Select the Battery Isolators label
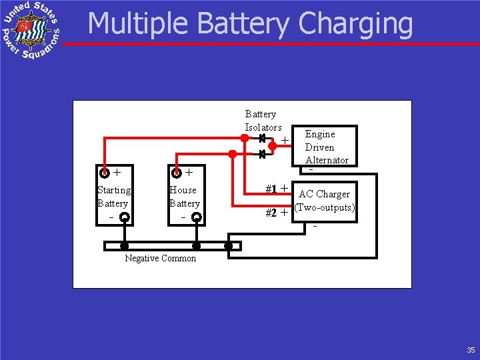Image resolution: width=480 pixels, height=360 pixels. tap(263, 121)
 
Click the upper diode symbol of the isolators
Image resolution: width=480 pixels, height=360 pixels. tap(262, 139)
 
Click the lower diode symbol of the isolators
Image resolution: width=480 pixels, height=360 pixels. tap(262, 154)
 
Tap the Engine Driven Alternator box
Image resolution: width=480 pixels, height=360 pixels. tap(327, 146)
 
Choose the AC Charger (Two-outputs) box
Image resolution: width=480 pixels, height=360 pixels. tap(325, 201)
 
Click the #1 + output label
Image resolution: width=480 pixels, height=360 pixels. tap(276, 189)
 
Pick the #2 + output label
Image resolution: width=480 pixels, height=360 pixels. tap(276, 213)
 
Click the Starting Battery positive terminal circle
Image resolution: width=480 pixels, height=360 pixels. tap(105, 173)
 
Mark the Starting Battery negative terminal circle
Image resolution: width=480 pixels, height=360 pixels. tap(124, 217)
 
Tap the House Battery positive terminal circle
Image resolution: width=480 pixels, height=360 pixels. tap(177, 173)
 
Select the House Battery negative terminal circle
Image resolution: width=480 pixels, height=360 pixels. tap(196, 217)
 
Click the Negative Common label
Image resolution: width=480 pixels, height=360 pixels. tap(161, 259)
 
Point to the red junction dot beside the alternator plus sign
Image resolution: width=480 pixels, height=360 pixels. tap(272, 145)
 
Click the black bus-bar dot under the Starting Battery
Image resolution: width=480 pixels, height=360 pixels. tap(124, 246)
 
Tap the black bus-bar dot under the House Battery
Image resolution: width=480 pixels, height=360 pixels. tap(196, 246)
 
